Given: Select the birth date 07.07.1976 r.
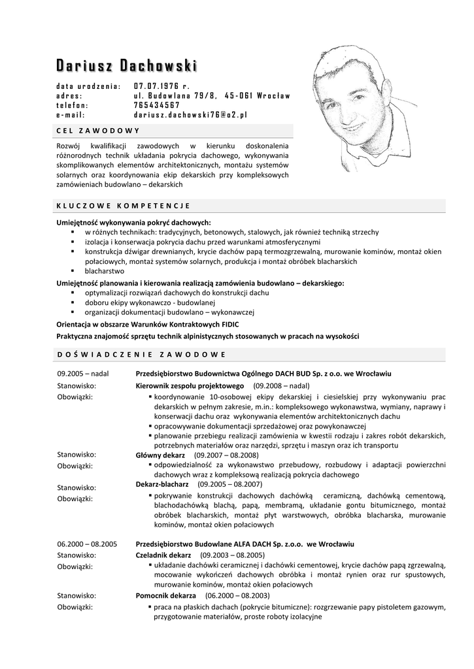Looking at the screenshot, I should [161, 86].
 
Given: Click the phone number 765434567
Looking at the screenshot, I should [157, 105].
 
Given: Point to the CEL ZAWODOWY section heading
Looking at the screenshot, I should [99, 130].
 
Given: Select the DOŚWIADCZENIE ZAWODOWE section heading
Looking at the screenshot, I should [141, 354].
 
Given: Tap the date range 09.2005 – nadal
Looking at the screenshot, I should [83, 374].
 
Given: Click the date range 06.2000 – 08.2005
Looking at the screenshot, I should [87, 544].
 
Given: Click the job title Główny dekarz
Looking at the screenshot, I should [160, 455].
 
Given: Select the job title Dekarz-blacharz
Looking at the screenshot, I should [162, 485].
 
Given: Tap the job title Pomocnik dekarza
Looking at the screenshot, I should [165, 596].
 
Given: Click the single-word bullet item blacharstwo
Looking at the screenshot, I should [104, 270].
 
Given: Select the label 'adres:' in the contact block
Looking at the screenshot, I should [69, 95].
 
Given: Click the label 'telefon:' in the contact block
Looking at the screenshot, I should [72, 105].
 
